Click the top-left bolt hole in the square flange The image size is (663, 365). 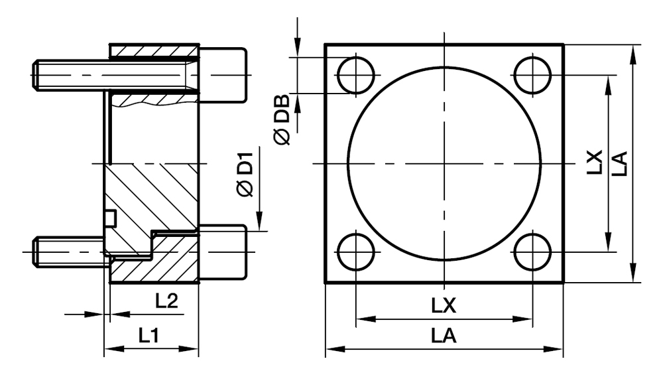356,75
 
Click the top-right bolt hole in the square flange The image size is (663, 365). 532,75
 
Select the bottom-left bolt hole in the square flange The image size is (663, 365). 356,252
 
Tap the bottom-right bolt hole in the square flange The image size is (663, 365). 532,252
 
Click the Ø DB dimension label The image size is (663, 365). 281,117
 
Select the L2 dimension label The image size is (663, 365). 166,301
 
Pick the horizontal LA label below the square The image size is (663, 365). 444,336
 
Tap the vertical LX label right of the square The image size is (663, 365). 595,163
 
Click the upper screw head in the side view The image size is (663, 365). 223,74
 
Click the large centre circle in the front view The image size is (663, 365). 443,163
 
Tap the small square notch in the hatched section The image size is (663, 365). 111,217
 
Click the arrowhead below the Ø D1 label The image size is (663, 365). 259,222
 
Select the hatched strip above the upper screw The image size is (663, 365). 154,50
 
